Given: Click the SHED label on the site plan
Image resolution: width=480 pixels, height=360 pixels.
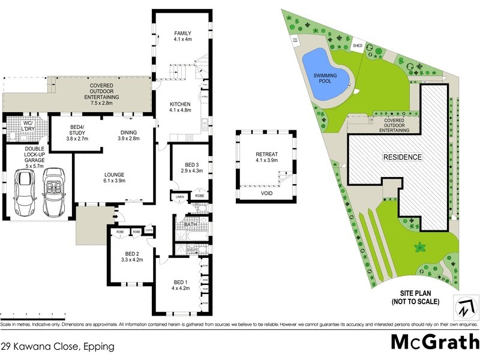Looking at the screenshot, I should [x=358, y=44].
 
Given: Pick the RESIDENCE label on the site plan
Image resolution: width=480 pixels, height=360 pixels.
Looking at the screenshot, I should [x=403, y=157].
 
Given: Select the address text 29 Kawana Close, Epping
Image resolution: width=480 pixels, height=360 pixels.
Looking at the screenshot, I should [x=57, y=346].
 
